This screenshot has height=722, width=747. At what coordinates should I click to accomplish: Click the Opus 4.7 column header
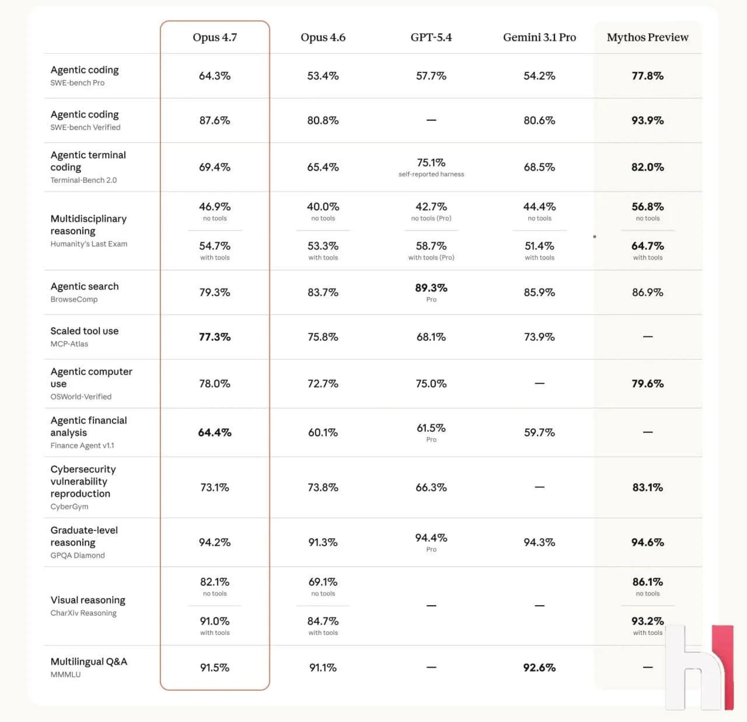tap(215, 37)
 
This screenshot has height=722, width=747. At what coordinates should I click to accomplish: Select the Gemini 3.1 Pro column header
tap(539, 37)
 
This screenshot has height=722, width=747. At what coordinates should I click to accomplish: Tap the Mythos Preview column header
tap(648, 37)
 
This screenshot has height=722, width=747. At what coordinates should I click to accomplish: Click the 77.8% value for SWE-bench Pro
tap(648, 76)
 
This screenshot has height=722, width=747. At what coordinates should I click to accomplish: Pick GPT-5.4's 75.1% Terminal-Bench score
tap(431, 163)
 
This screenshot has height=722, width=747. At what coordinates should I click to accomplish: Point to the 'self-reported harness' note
tap(431, 175)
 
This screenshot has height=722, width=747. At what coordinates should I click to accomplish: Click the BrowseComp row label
tap(74, 299)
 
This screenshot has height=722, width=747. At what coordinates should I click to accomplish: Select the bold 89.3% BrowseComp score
tap(431, 288)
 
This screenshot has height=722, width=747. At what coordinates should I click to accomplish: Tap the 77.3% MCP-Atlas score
tap(215, 337)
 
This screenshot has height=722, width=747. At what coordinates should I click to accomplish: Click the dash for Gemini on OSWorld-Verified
tap(539, 383)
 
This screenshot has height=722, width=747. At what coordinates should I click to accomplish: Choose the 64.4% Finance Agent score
tap(215, 432)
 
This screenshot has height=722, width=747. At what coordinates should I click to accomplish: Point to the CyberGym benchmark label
tap(69, 507)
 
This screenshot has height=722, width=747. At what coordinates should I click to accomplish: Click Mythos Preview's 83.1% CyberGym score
tap(648, 487)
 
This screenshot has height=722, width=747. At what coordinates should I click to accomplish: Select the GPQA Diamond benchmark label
tap(78, 556)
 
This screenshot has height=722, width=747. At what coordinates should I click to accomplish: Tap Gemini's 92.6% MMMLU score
tap(539, 668)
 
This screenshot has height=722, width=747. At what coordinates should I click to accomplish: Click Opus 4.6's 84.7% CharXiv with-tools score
tap(323, 621)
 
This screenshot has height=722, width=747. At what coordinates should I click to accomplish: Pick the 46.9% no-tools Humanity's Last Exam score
tap(215, 207)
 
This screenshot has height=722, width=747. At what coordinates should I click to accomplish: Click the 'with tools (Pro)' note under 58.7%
tap(431, 257)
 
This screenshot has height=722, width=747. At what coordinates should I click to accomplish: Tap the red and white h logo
tap(699, 668)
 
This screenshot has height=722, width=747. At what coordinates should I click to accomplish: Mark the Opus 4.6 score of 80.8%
tap(323, 120)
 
